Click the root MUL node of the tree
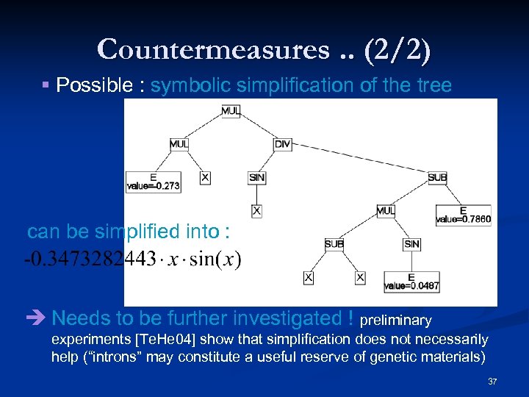tap(230, 112)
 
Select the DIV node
tap(283, 144)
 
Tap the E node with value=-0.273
tap(153, 182)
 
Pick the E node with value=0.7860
tap(463, 215)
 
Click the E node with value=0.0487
tap(411, 282)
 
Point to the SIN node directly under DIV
tap(257, 177)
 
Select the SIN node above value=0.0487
tap(411, 243)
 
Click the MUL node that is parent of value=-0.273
tap(179, 144)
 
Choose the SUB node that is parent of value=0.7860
tap(437, 177)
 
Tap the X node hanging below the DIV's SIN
tap(257, 211)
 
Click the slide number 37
tap(492, 382)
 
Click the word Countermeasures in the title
tap(212, 49)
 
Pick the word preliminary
tap(397, 321)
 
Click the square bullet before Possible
tap(46, 86)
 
